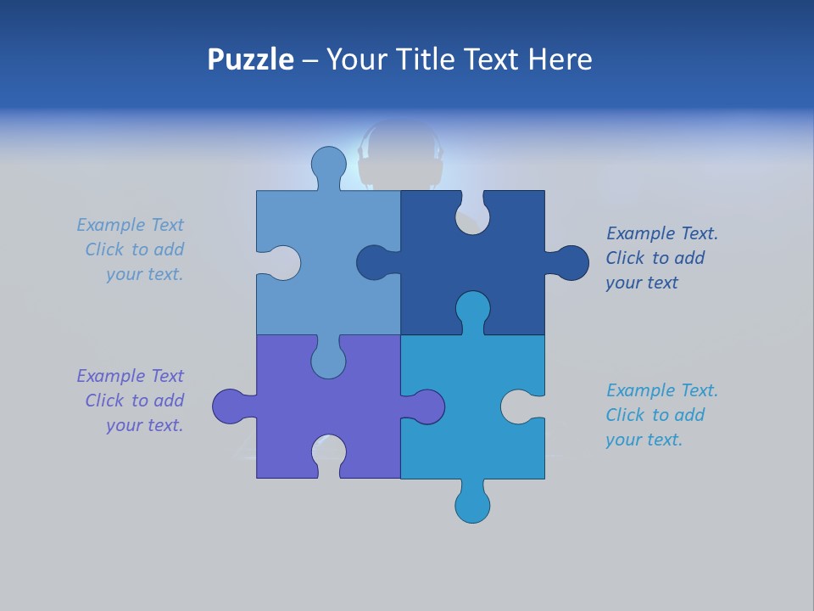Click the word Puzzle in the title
point(250,59)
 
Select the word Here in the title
point(560,59)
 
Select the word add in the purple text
point(169,401)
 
